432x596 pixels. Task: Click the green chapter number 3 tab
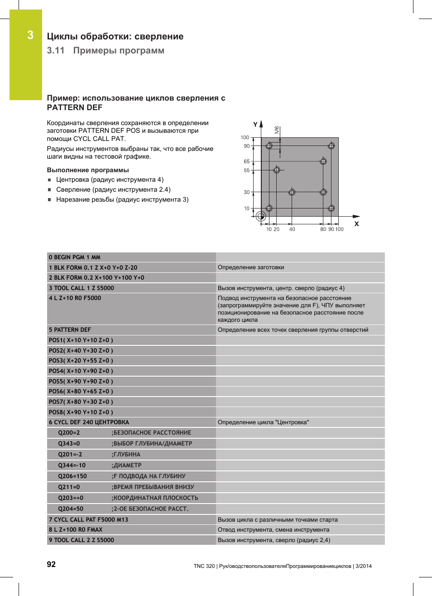(30, 35)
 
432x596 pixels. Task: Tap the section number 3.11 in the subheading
(56, 50)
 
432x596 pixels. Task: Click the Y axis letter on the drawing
(255, 125)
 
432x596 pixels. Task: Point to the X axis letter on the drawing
(356, 224)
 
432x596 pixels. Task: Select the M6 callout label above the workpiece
(277, 130)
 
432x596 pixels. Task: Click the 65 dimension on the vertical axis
(246, 161)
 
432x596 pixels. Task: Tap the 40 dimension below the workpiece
(292, 229)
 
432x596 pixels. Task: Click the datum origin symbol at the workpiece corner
(261, 216)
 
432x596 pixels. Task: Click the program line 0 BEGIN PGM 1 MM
(75, 257)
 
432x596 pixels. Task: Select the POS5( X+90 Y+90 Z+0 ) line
(81, 381)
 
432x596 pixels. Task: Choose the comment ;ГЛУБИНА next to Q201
(126, 454)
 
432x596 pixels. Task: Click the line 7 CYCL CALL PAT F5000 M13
(88, 519)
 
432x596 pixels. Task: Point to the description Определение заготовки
(251, 267)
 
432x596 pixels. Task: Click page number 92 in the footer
(51, 564)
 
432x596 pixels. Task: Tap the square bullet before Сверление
(50, 190)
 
